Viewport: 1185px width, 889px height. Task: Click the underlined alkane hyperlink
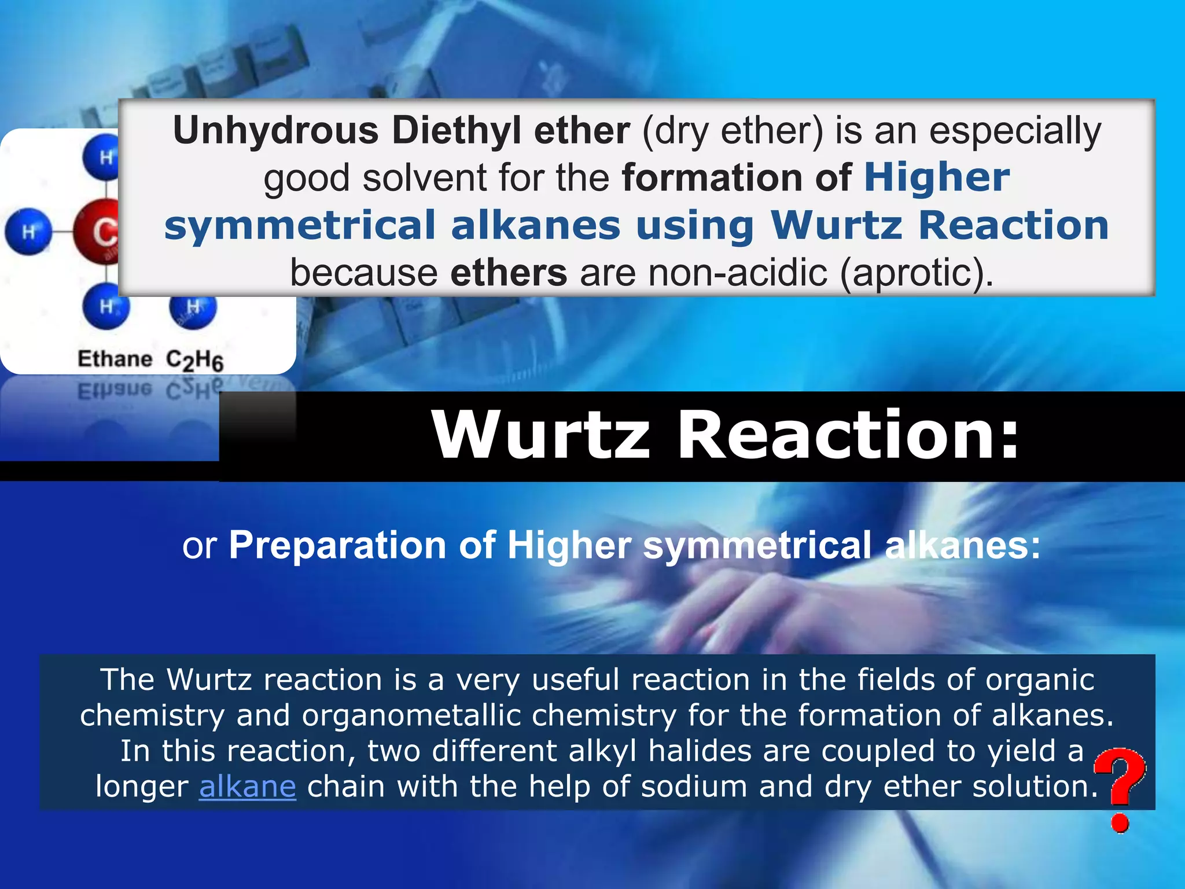tap(247, 787)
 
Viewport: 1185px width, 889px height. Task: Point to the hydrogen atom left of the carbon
tap(28, 232)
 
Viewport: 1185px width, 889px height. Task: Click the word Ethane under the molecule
tap(115, 359)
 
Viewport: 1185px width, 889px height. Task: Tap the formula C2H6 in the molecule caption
tap(194, 361)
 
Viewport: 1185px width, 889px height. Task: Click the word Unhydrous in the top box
tap(276, 131)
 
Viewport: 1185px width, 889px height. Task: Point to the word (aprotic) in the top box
tap(917, 273)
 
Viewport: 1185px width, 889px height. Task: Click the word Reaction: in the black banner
tap(848, 435)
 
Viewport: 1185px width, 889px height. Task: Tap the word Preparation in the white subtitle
tap(337, 545)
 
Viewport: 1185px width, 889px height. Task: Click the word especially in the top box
tap(1015, 131)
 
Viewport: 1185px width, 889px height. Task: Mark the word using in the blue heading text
tap(695, 226)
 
